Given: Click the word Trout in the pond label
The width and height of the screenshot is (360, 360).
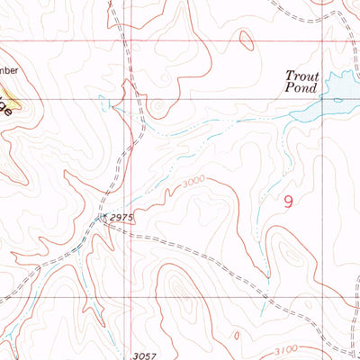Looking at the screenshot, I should pyautogui.click(x=301, y=76).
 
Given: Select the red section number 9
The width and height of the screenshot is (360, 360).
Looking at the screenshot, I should pyautogui.click(x=288, y=203).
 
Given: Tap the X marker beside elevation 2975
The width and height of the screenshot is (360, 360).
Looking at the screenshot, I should pyautogui.click(x=104, y=217).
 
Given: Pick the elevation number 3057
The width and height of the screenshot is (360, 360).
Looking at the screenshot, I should pyautogui.click(x=144, y=355).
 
